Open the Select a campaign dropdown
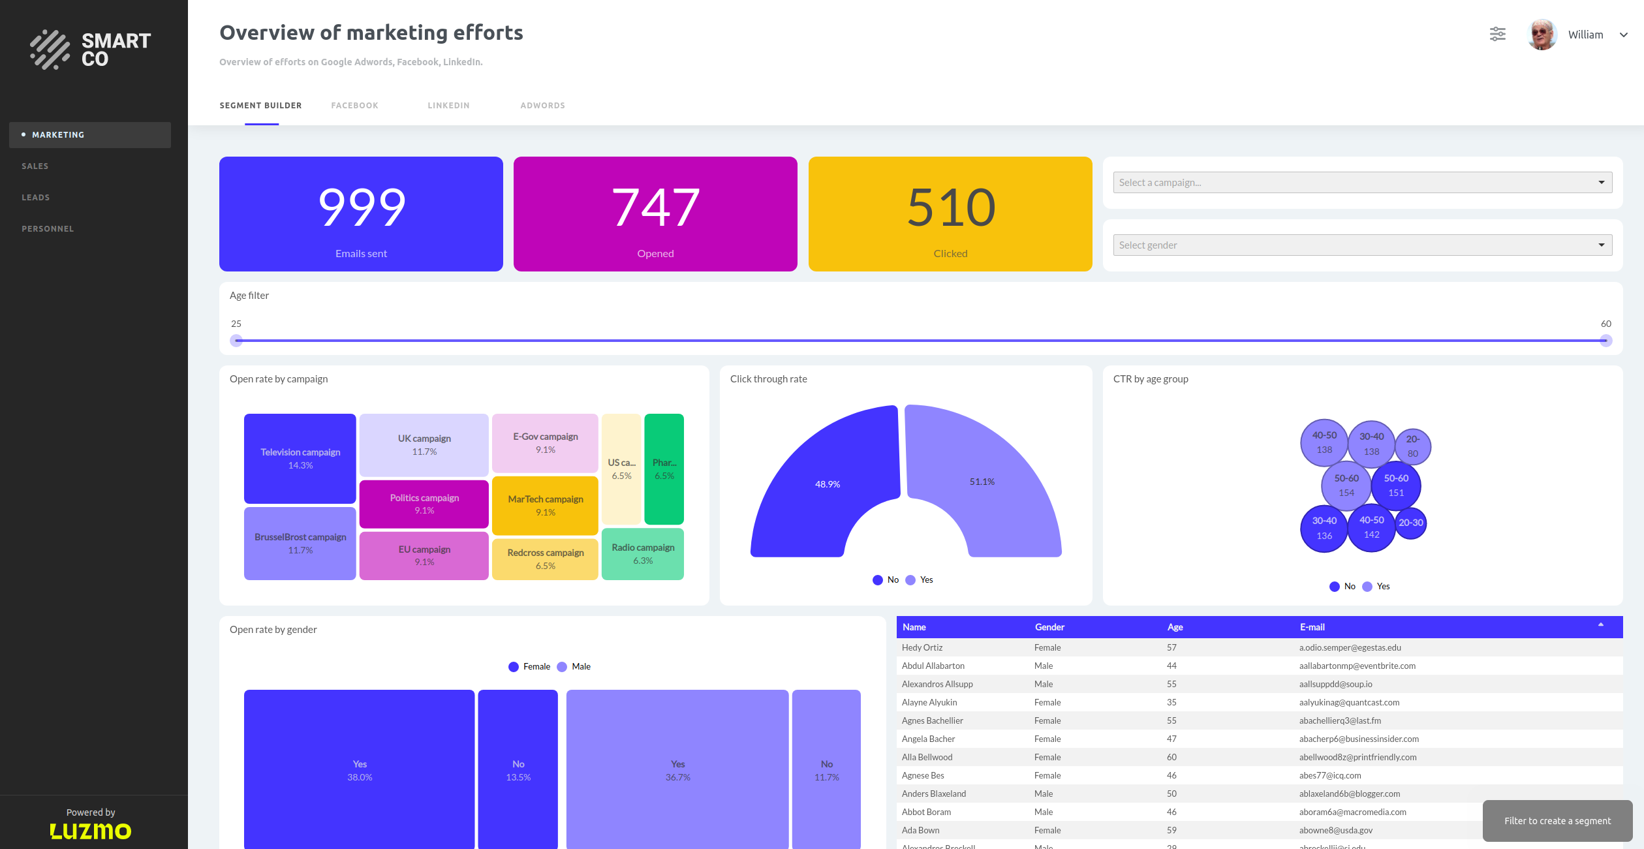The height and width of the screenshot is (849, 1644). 1361,183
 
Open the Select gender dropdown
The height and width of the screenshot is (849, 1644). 1361,245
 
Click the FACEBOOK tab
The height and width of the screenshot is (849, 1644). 354,106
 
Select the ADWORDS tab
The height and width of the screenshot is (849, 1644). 542,106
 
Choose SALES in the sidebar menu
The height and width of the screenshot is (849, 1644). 35,166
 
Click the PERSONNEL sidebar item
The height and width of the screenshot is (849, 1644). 48,229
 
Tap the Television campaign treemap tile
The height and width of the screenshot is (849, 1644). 300,458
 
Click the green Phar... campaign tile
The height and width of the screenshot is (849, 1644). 664,469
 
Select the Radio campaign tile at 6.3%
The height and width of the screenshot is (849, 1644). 643,553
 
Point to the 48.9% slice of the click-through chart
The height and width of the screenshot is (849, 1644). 827,484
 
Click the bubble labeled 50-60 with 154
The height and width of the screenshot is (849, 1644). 1346,485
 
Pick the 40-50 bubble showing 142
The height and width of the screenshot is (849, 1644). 1371,527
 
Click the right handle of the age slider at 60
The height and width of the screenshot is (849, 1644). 1605,341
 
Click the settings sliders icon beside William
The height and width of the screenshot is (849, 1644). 1497,35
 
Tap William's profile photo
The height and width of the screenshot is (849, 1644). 1542,35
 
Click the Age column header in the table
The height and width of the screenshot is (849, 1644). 1175,627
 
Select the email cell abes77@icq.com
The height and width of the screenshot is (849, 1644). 1329,775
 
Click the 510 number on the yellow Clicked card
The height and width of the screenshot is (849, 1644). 950,208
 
